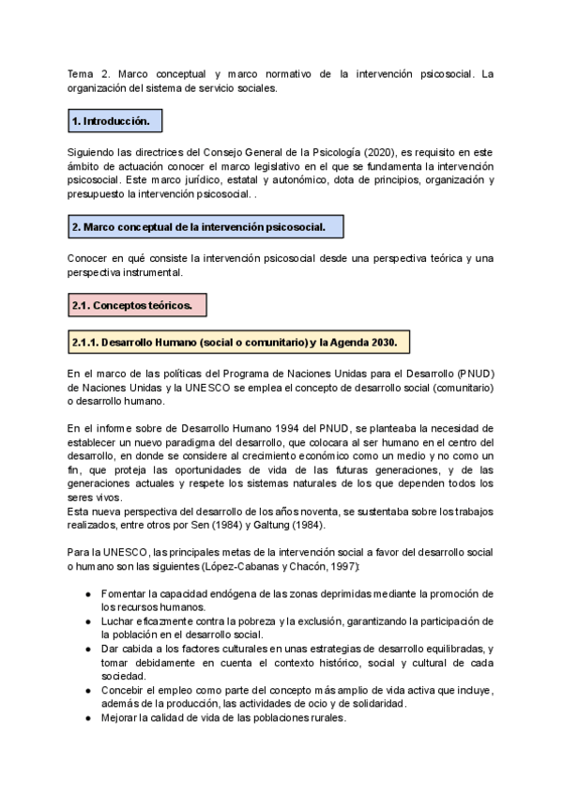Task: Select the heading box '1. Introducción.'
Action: pos(110,122)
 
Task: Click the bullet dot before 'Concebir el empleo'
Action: pos(87,690)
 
